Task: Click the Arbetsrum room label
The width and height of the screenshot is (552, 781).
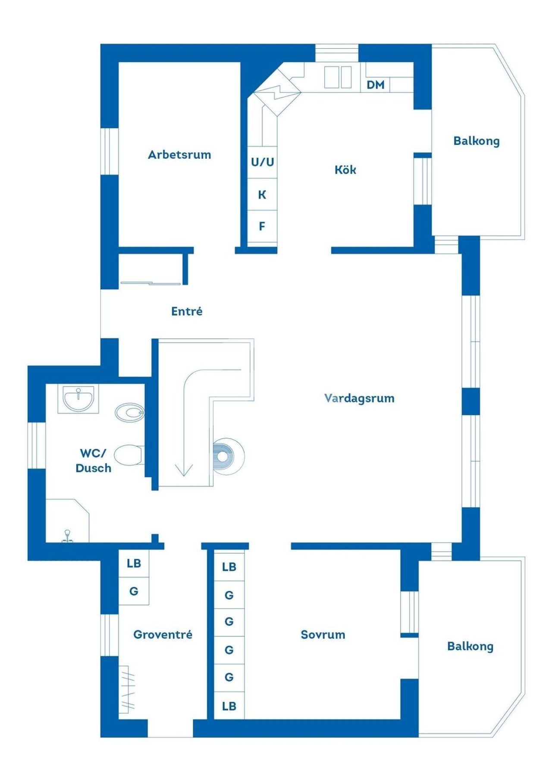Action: pyautogui.click(x=179, y=154)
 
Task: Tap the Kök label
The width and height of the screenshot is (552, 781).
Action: pyautogui.click(x=345, y=169)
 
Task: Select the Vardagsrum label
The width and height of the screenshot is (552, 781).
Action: pyautogui.click(x=359, y=398)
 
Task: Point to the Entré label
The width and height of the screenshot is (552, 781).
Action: pyautogui.click(x=187, y=311)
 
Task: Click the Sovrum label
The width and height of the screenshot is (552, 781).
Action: pyautogui.click(x=323, y=634)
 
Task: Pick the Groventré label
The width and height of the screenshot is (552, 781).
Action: pyautogui.click(x=163, y=634)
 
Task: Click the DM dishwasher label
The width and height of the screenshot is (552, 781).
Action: pyautogui.click(x=375, y=85)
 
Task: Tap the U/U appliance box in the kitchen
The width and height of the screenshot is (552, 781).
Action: pyautogui.click(x=262, y=162)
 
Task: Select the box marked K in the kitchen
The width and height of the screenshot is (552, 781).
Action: pyautogui.click(x=262, y=194)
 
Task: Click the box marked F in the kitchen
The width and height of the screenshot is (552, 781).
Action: pyautogui.click(x=262, y=226)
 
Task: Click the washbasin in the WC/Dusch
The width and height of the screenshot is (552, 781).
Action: pyautogui.click(x=78, y=399)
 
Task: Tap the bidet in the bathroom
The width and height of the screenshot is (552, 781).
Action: pyautogui.click(x=129, y=412)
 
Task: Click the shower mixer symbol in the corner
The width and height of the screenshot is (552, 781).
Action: pyautogui.click(x=67, y=536)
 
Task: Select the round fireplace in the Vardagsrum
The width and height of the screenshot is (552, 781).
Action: pyautogui.click(x=229, y=456)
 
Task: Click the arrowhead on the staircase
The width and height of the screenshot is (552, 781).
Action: pyautogui.click(x=184, y=470)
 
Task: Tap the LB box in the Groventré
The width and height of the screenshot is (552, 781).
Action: pyautogui.click(x=134, y=563)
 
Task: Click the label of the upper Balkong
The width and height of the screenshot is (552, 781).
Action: pyautogui.click(x=477, y=141)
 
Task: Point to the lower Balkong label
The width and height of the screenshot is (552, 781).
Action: pyautogui.click(x=470, y=646)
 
